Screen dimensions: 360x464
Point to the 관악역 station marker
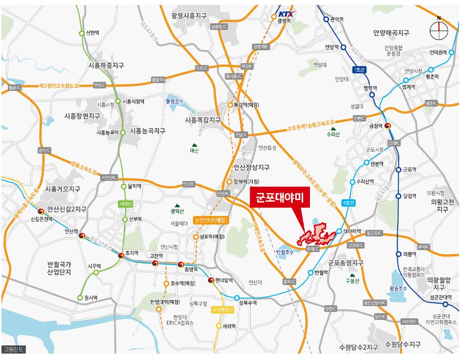pos(326,20)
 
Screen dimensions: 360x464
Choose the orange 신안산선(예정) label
pos(210,220)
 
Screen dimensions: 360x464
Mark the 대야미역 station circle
pos(339,231)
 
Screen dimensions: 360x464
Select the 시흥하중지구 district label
pos(106,65)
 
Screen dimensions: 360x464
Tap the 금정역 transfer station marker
pos(387,126)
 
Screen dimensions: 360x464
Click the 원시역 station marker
pos(80,298)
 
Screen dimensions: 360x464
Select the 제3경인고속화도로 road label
pos(58,86)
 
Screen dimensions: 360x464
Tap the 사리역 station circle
pos(219,326)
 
